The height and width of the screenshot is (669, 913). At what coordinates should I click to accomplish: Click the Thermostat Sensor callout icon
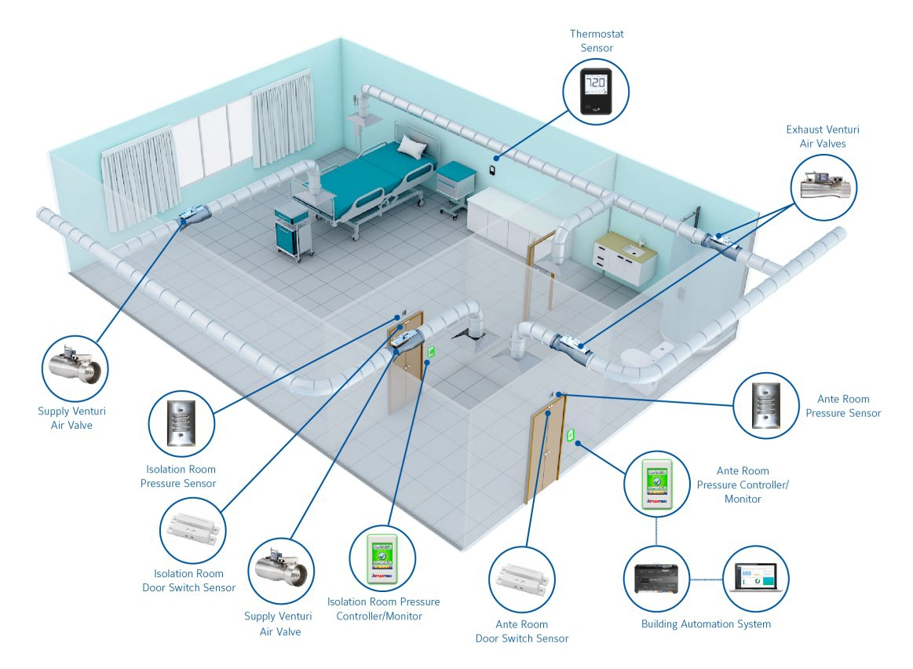tap(597, 92)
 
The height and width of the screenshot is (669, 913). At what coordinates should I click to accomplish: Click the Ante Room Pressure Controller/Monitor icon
tap(658, 484)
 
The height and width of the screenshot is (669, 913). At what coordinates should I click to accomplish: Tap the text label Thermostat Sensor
tap(597, 41)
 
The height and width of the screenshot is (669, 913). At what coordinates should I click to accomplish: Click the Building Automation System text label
tap(706, 624)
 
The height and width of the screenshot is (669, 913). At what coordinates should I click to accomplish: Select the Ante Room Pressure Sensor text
tap(843, 406)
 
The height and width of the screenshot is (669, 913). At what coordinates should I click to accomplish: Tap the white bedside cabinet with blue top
tap(454, 186)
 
